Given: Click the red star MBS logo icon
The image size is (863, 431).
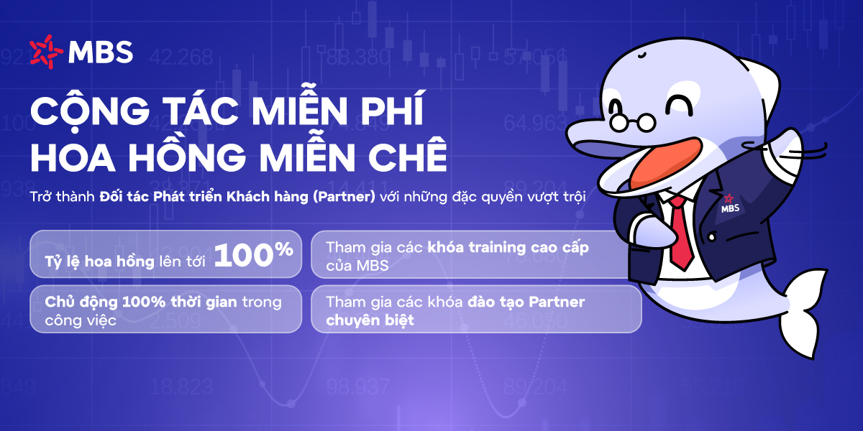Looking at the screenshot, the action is [46, 52].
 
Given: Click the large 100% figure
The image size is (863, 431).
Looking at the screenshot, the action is [253, 254].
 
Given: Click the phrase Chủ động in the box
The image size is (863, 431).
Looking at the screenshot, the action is [81, 302].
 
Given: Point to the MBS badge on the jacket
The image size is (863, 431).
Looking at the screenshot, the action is [730, 204].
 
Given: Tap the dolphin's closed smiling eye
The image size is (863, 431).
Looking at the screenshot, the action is [680, 103].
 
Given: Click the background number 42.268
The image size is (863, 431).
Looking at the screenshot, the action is [181, 57].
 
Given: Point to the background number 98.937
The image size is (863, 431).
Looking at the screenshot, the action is [358, 387].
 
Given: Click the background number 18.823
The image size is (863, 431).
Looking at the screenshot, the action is [181, 387].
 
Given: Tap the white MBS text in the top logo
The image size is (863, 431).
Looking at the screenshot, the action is [101, 52].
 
